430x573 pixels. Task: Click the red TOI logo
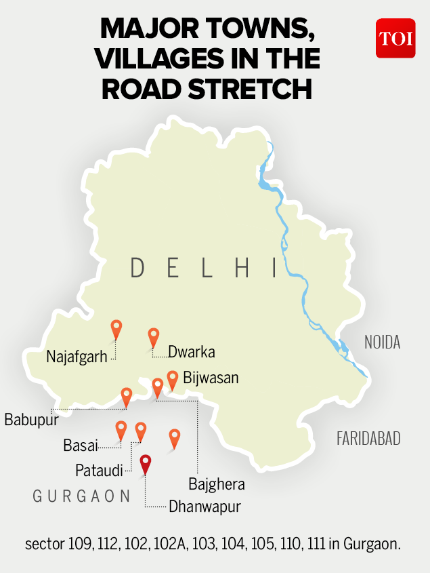(395, 38)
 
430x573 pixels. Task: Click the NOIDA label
(382, 342)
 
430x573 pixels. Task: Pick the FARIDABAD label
(368, 439)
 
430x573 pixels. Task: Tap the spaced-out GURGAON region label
(82, 496)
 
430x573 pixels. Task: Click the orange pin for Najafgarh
(116, 329)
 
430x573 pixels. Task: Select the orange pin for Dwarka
(154, 336)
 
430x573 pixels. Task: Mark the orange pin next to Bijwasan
(172, 378)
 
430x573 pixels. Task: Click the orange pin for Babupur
(126, 396)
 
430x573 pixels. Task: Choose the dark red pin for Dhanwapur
(145, 465)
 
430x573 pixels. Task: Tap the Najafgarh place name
(77, 357)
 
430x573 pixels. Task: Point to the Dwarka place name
(192, 352)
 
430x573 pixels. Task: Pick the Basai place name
(81, 446)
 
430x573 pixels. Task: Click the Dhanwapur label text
(205, 506)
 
